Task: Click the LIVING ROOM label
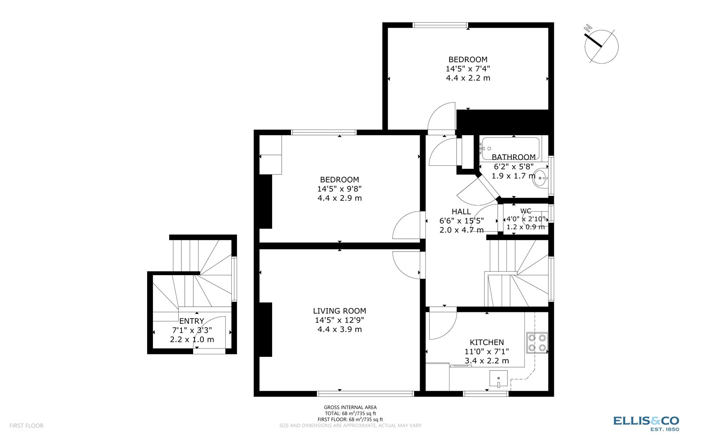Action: coord(340,311)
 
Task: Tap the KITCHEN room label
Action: coord(487,343)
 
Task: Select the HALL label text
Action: coord(461,212)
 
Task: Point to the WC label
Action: coord(526,211)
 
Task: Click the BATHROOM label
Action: coord(513,157)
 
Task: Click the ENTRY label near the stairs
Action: coord(191,321)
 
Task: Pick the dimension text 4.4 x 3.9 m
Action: coord(340,329)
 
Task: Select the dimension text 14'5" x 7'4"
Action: coord(468,69)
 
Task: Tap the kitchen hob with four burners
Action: coord(537,343)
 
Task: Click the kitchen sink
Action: coord(499,379)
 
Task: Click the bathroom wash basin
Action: coord(542,178)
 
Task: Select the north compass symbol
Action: coord(601,45)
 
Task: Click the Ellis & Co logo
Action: coord(646,423)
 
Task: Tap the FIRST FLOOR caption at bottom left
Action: coord(26,426)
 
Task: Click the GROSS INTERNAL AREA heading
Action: coord(350,407)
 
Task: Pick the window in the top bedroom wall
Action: coord(440,25)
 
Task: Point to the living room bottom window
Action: coord(365,394)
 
